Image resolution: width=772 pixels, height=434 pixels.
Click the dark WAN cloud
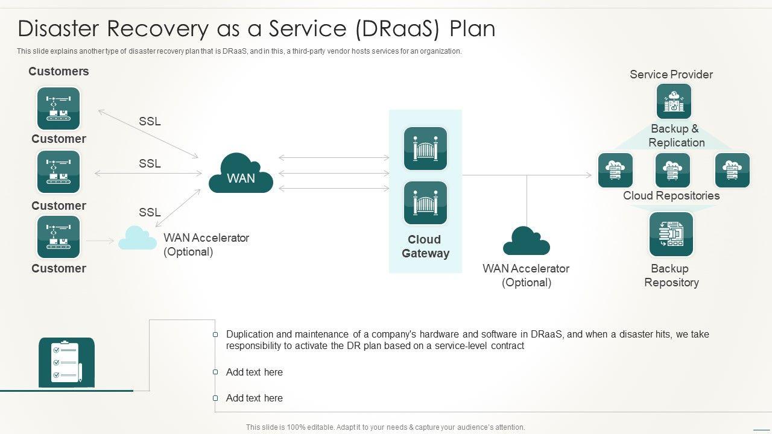click(241, 172)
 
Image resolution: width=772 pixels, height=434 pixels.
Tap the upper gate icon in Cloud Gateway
click(425, 148)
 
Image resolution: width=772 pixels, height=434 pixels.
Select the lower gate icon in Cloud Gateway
click(425, 203)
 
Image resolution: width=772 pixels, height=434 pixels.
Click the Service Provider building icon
click(674, 101)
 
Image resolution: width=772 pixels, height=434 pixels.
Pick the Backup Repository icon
click(671, 234)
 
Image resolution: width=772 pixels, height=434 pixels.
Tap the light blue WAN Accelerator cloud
click(138, 237)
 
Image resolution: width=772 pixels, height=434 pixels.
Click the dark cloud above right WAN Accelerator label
click(527, 241)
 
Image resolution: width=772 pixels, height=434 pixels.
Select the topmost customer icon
click(59, 108)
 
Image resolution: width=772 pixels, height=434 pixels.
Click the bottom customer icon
click(59, 237)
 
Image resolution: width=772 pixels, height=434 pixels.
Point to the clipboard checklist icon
click(66, 362)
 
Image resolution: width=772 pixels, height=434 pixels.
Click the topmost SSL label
click(150, 121)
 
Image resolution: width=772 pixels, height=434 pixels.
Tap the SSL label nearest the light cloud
click(150, 212)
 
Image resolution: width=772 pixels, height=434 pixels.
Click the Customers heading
click(59, 71)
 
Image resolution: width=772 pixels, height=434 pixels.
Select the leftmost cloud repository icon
click(615, 170)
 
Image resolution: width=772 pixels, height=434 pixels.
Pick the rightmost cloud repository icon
click(732, 170)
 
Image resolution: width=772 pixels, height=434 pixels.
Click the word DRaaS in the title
click(397, 28)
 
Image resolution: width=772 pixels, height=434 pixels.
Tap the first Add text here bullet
click(255, 372)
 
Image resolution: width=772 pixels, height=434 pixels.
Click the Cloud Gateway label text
click(425, 247)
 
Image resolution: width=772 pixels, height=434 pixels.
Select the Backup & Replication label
click(676, 136)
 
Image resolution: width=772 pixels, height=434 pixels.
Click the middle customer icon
click(59, 172)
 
